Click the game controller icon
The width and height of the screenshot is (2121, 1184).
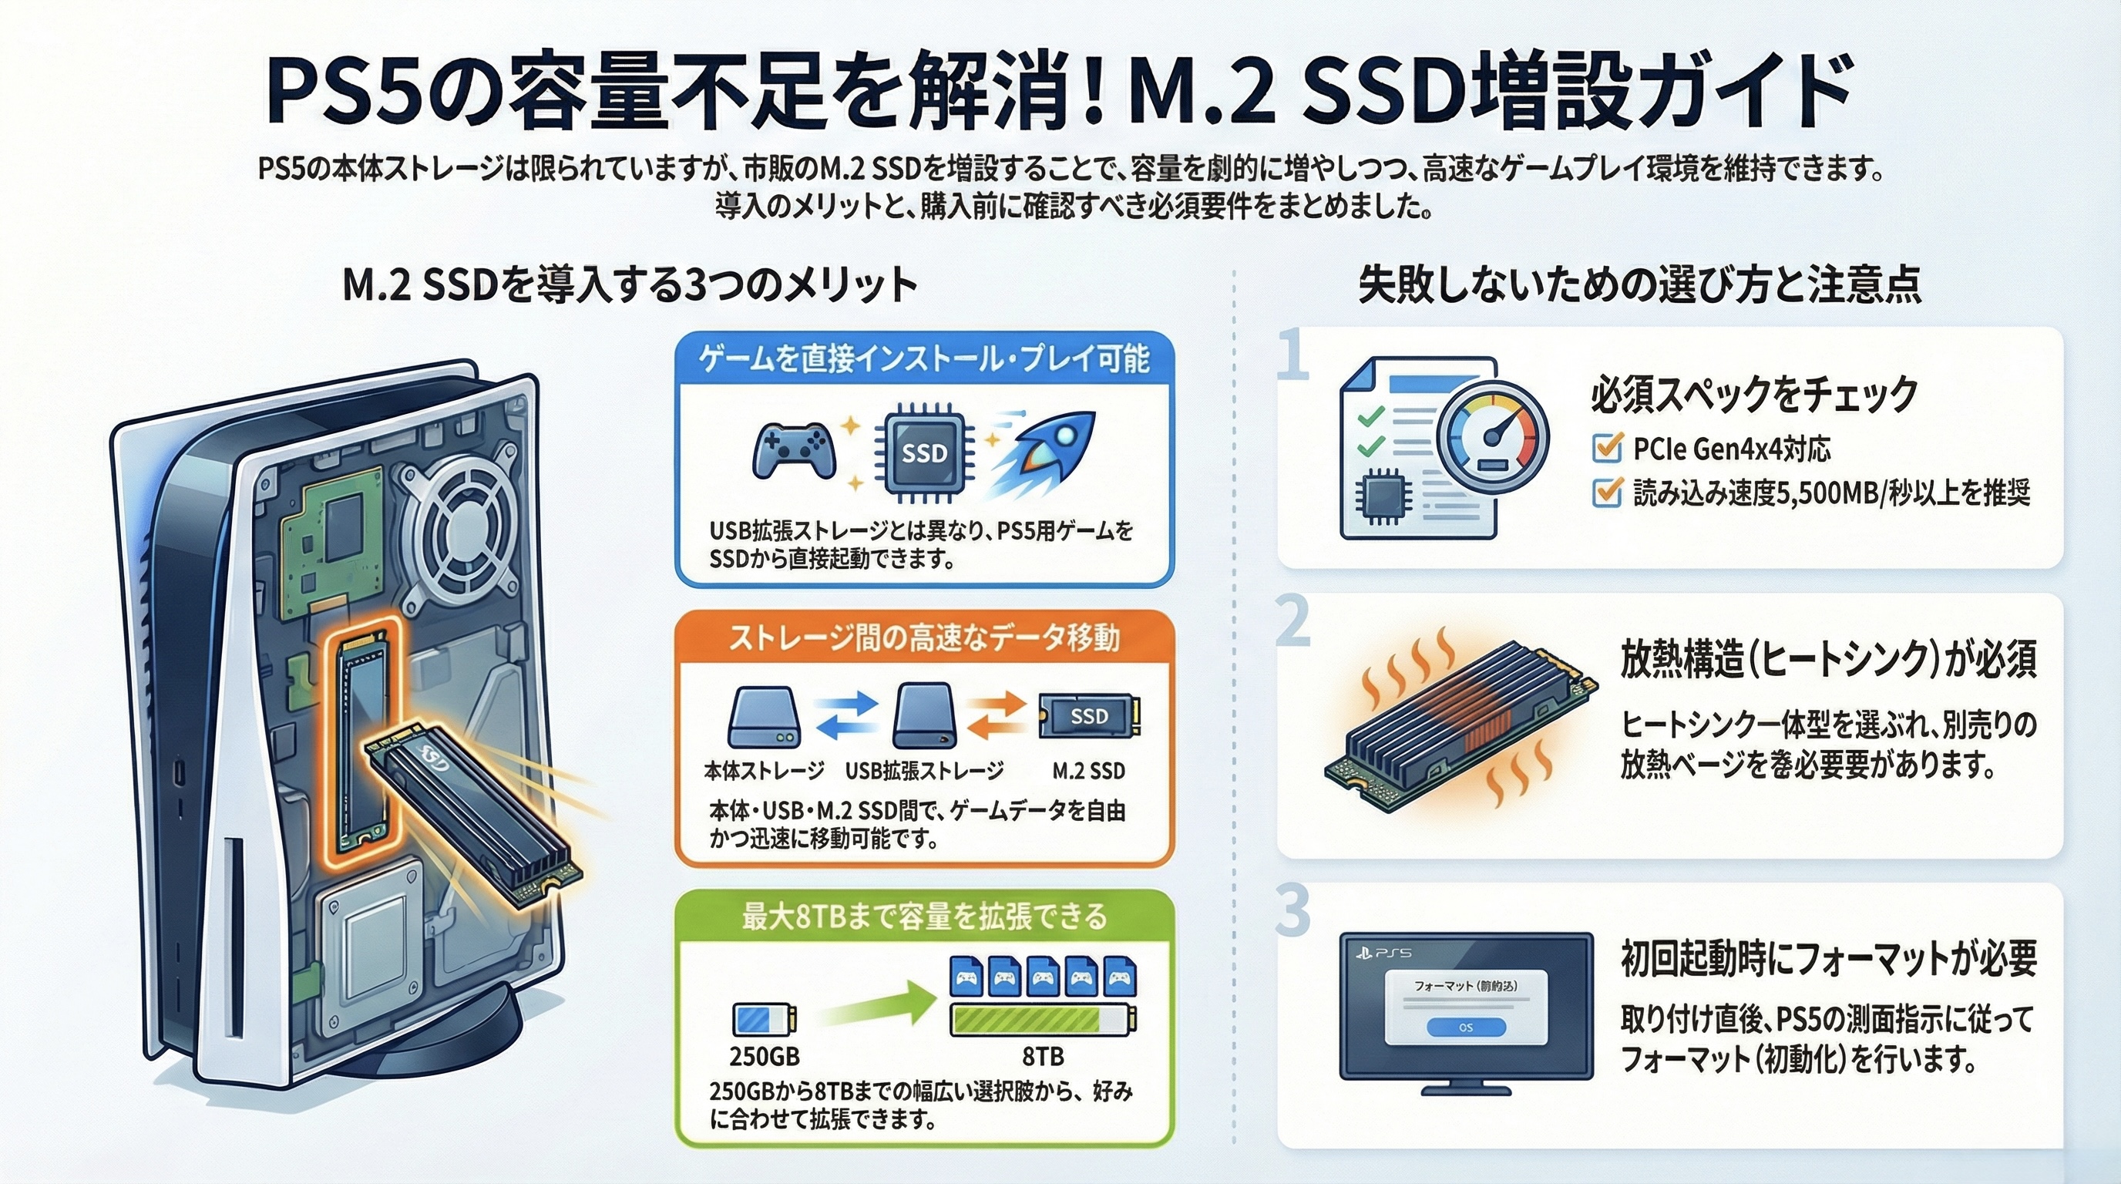[795, 450]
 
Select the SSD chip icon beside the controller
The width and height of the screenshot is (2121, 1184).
[924, 452]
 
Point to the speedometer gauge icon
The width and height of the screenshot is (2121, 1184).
[1493, 436]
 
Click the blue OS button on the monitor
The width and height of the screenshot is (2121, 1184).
[1466, 1027]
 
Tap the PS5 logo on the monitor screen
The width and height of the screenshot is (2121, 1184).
[1383, 953]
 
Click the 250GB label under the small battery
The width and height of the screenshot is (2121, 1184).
[764, 1055]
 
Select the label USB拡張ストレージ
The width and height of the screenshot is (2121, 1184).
[924, 771]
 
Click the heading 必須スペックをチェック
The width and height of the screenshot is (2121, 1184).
[1754, 394]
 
